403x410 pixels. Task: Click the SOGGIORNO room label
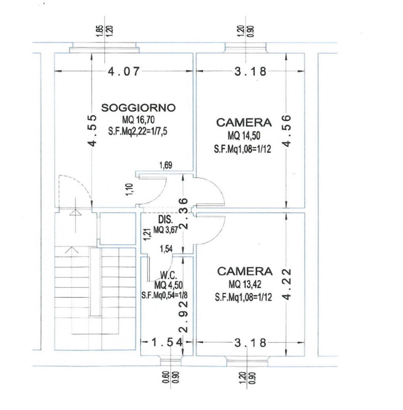click(139, 108)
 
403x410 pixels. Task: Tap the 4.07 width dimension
click(124, 71)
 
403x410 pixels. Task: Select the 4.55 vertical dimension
click(92, 131)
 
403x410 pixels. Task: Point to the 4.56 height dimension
click(287, 131)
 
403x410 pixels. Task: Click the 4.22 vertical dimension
click(287, 284)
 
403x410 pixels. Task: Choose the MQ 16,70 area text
click(139, 120)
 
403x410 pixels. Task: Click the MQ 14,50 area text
click(244, 136)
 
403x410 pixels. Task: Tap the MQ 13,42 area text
click(245, 284)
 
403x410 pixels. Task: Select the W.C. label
click(168, 275)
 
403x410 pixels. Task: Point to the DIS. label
click(165, 219)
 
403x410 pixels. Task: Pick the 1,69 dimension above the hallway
click(166, 165)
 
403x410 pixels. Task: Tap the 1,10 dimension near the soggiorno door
click(129, 189)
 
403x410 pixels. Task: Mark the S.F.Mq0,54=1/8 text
click(165, 295)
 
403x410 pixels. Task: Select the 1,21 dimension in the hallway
click(147, 235)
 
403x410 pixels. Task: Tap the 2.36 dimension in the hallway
click(184, 214)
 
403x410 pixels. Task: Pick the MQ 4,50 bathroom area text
click(168, 285)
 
